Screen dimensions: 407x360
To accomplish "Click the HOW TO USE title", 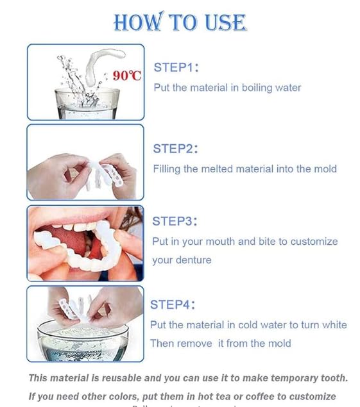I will tap(180, 22).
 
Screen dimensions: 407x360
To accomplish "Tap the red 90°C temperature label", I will tap(127, 76).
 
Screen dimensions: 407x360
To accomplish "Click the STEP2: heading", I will tap(175, 149).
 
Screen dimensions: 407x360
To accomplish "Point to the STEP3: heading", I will tap(175, 221).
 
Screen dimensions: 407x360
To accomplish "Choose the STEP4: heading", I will tap(173, 304).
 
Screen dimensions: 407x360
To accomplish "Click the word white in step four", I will tap(333, 325).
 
